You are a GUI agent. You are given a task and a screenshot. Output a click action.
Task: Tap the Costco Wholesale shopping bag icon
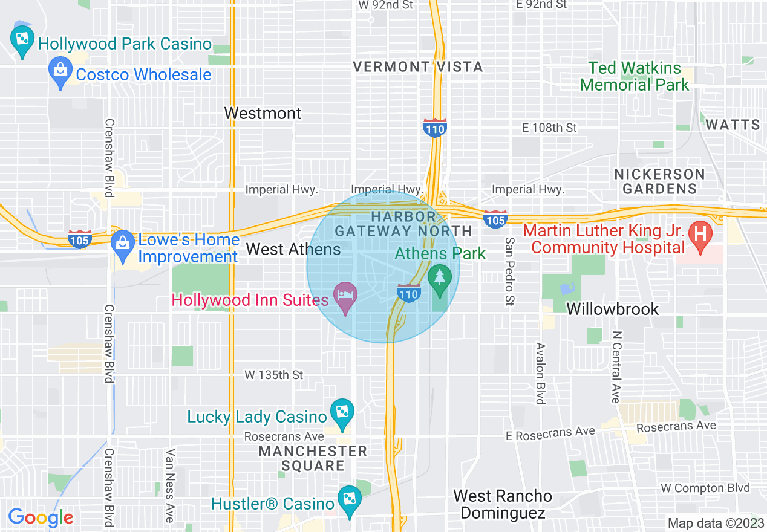point(60,72)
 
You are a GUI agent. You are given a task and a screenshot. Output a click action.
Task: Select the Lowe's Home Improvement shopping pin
point(123,245)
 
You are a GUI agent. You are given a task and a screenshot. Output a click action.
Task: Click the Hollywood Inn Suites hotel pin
point(345,297)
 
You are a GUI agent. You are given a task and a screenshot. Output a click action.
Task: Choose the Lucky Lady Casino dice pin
point(342,414)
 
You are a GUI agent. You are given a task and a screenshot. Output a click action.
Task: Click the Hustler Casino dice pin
point(350,501)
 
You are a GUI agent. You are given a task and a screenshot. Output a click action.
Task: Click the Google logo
point(41,517)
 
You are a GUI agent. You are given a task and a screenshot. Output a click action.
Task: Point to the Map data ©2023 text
point(714,523)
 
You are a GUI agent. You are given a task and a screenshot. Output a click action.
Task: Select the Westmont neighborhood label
point(263,113)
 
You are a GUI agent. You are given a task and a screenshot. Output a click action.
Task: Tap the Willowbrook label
point(612,309)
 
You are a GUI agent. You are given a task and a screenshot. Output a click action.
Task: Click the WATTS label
point(733,125)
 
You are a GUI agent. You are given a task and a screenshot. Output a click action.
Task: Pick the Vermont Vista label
point(418,66)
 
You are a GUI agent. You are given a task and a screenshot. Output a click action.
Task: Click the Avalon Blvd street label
point(540,374)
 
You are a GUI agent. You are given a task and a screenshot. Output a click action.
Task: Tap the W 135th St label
point(273,375)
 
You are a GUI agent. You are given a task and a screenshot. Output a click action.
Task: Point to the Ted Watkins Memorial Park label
point(635,76)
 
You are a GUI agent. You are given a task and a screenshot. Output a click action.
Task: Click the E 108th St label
point(549,128)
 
